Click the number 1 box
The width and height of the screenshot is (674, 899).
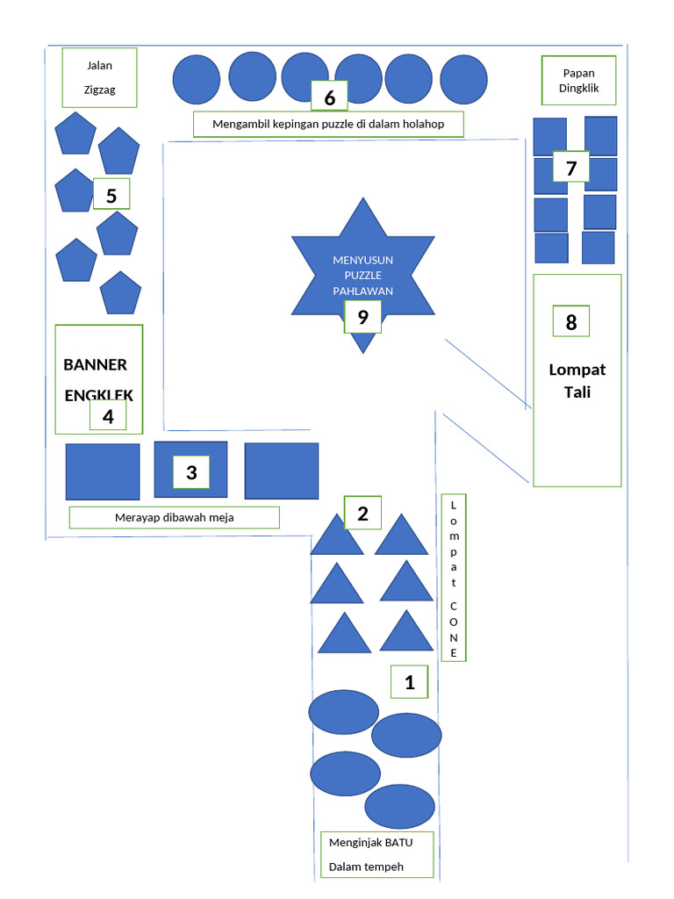click(x=409, y=682)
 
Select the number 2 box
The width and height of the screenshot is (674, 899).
click(x=362, y=513)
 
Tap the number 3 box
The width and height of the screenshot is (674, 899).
click(x=191, y=473)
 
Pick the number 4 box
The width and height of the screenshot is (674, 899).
click(x=108, y=416)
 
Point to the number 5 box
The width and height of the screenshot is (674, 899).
click(x=111, y=195)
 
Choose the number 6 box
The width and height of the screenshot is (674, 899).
click(x=329, y=97)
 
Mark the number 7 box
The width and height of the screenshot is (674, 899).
click(x=570, y=167)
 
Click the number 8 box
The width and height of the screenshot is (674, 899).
click(x=570, y=321)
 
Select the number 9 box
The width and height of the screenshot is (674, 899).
click(x=362, y=317)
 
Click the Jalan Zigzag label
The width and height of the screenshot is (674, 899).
click(x=99, y=77)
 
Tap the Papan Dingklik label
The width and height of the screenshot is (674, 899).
click(x=577, y=80)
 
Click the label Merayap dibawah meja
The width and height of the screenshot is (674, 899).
click(x=174, y=517)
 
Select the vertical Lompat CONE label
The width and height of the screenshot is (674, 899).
click(x=454, y=579)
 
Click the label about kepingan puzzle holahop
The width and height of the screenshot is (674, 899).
click(x=328, y=125)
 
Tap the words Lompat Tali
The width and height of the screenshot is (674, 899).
click(x=577, y=380)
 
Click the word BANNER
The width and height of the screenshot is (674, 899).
click(x=96, y=364)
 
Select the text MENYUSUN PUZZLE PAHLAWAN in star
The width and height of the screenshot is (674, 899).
click(x=362, y=275)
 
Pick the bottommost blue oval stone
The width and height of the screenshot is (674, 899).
click(x=399, y=806)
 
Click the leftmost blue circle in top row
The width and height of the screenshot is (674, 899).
click(x=197, y=81)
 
